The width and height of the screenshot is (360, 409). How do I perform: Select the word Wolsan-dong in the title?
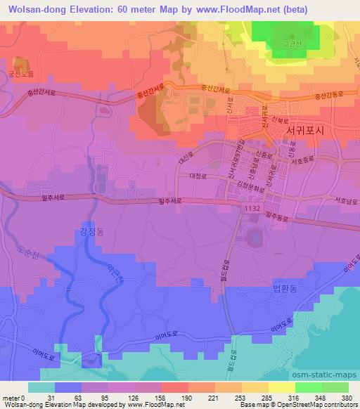tap(32, 7)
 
